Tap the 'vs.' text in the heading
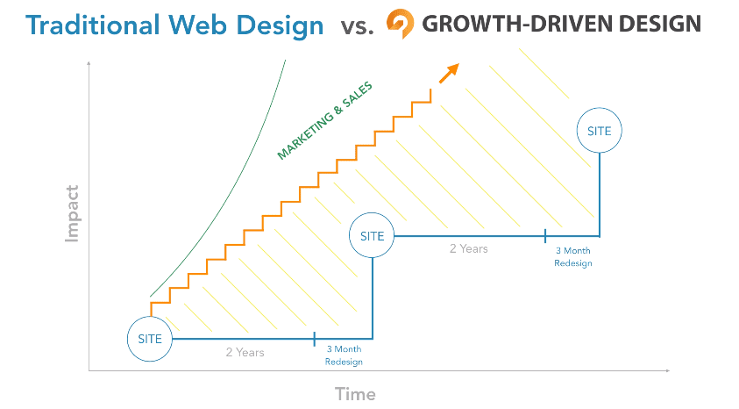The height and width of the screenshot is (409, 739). coord(356,26)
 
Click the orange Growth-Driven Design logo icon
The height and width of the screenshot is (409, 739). coord(401,24)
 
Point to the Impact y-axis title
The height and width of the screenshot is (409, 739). coord(72,213)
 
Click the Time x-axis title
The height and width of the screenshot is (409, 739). coord(355,393)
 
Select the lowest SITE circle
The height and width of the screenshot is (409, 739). coord(150,338)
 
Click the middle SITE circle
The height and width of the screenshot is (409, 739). coord(372,235)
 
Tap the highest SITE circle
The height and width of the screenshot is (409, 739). coord(600,130)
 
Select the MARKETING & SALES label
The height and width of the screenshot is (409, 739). coord(324,121)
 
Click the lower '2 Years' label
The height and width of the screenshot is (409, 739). coord(245,352)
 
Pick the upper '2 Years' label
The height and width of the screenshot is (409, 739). coord(469,248)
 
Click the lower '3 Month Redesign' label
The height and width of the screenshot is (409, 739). coord(344,355)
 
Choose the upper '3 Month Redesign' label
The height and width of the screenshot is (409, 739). coord(572,256)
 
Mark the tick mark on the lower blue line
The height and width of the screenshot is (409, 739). coord(315,338)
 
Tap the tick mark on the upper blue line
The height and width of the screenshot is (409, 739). coord(545,235)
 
